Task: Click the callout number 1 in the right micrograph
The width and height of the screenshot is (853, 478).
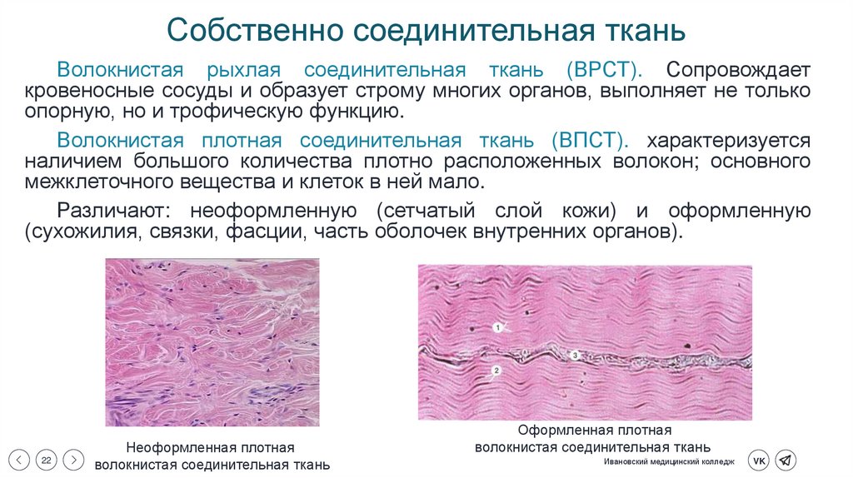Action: (x=497, y=328)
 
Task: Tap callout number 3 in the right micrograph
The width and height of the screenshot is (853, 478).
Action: (x=574, y=356)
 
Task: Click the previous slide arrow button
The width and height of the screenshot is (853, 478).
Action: (x=22, y=459)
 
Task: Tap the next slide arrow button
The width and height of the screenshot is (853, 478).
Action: (x=73, y=459)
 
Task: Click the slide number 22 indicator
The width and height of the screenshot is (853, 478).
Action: (x=47, y=459)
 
